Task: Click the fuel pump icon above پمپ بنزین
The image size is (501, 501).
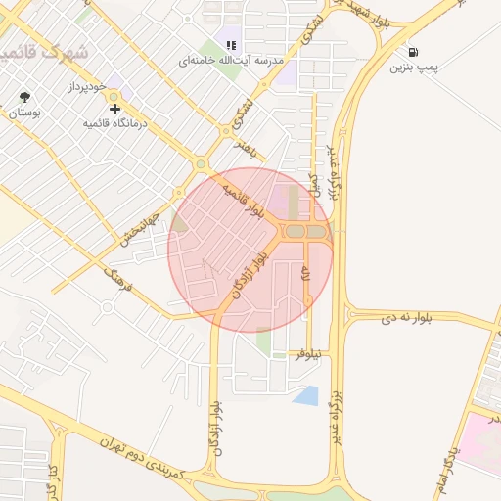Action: click(414, 52)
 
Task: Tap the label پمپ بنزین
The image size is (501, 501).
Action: click(413, 68)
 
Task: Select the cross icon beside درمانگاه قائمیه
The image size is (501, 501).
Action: click(115, 109)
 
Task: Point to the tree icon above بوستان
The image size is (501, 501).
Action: click(24, 97)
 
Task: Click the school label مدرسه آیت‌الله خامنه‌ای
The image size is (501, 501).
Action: click(231, 61)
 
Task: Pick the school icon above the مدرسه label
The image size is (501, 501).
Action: click(232, 44)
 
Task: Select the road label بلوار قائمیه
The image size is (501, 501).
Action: click(243, 198)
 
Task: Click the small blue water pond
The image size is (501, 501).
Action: click(306, 395)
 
